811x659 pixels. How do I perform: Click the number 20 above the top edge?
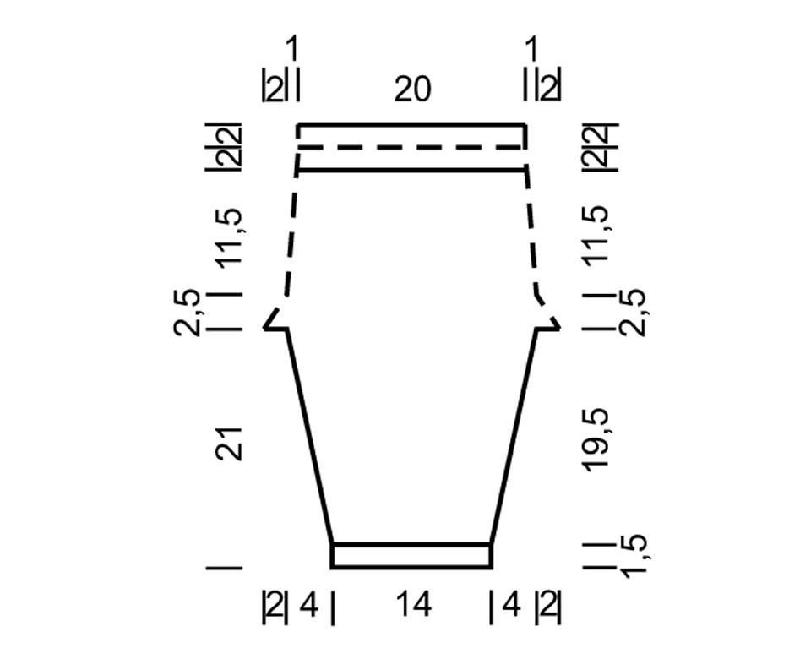[x=412, y=90]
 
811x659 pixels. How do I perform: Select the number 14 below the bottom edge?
[x=413, y=604]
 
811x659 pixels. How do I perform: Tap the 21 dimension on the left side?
[x=229, y=444]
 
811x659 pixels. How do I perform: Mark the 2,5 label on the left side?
[x=188, y=312]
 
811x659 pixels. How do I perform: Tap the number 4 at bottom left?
[x=309, y=605]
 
